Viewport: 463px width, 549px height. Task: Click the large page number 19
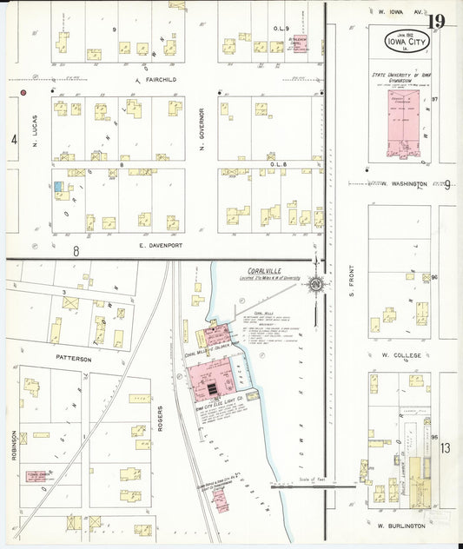(x=437, y=21)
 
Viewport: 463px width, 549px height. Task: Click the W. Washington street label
(x=404, y=184)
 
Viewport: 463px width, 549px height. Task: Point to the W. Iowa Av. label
(x=400, y=12)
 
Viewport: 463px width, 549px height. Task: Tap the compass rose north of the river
(x=317, y=283)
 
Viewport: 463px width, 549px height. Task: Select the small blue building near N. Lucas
(x=57, y=186)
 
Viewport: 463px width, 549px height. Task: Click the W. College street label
(x=400, y=355)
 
